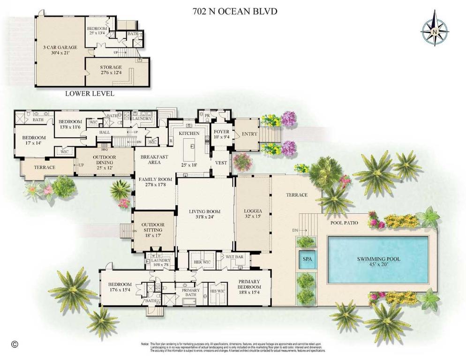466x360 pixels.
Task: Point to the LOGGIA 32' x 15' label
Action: click(x=253, y=214)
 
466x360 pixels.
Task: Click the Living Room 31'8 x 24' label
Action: click(x=204, y=215)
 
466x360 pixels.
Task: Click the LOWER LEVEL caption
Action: click(x=90, y=93)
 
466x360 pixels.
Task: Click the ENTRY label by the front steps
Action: click(x=249, y=134)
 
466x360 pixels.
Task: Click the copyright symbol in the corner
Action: click(x=15, y=344)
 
